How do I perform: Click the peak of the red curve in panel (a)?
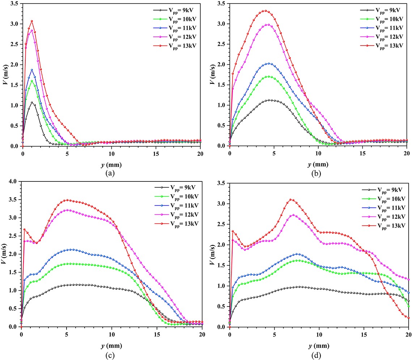32,21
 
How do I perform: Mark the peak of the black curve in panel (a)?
32,102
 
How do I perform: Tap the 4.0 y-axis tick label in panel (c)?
13,181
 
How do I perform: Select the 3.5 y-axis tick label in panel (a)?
13,4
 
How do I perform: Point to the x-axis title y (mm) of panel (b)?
318,164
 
